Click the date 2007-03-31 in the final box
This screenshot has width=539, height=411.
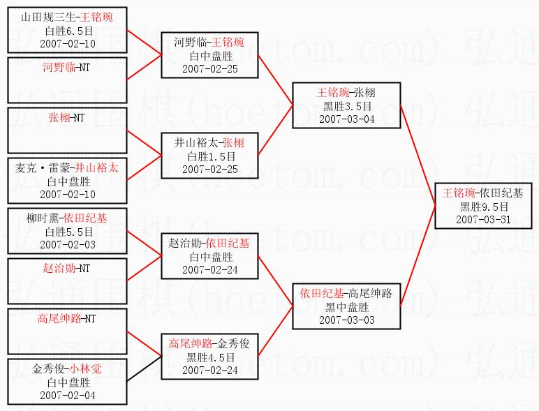(x=483, y=219)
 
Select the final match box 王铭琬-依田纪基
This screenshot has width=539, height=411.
(x=483, y=206)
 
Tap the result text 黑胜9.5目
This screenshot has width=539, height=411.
(x=483, y=207)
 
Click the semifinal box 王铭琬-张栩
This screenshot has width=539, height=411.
(x=346, y=105)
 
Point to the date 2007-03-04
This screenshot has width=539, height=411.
(x=346, y=119)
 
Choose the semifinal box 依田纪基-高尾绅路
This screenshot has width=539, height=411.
(x=346, y=306)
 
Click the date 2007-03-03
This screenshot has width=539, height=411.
(x=346, y=320)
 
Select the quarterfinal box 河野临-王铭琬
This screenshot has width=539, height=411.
(x=209, y=55)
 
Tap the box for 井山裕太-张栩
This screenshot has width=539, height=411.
(x=209, y=156)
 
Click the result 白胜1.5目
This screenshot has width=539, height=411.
(x=209, y=156)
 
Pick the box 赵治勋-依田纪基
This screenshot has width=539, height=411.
(x=209, y=256)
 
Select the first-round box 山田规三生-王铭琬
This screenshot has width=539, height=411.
(x=68, y=29)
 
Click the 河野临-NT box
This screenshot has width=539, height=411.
(x=68, y=80)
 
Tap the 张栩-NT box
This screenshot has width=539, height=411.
(x=68, y=130)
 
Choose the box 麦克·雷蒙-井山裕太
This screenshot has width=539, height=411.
(x=68, y=180)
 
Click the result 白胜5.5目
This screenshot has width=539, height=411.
(x=68, y=231)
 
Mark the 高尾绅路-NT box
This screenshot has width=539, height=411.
(x=68, y=331)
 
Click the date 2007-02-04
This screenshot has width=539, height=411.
(x=68, y=395)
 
